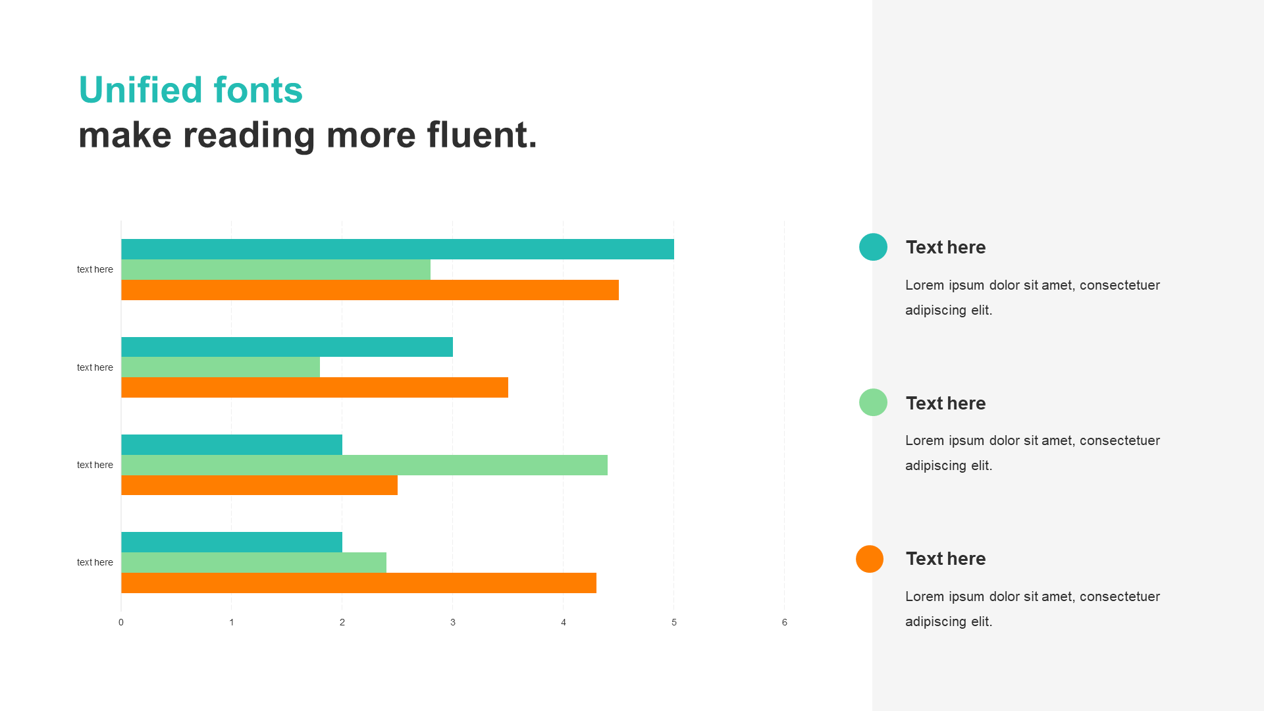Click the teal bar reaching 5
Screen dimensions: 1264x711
pos(398,249)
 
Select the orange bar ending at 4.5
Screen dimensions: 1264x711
pos(370,290)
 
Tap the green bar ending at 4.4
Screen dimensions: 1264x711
pos(364,465)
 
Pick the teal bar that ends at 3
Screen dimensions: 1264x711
pos(287,347)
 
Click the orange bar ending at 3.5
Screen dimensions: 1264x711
pos(315,387)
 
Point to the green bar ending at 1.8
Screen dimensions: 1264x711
pos(221,367)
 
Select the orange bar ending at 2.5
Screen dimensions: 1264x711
pos(259,485)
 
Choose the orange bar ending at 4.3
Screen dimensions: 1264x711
pos(359,583)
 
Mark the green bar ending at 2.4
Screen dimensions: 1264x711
pos(253,562)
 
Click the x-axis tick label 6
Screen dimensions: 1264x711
pos(784,622)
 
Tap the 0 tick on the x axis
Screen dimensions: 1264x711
pos(121,622)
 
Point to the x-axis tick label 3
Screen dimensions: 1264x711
pos(453,622)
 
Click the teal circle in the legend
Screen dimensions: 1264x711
pos(873,247)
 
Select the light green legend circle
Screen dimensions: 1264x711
pos(873,402)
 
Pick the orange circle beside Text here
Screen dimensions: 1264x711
pos(870,559)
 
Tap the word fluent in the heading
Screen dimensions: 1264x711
pos(482,134)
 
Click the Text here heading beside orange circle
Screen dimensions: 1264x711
pos(945,558)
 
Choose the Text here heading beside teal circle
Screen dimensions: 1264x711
pos(945,247)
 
